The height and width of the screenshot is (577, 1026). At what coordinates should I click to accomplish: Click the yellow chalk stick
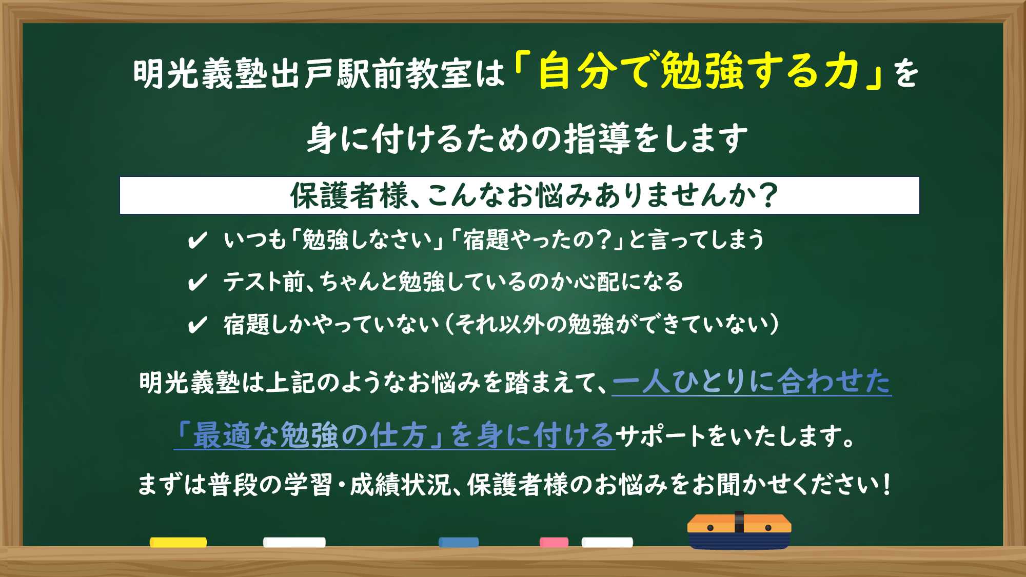(178, 542)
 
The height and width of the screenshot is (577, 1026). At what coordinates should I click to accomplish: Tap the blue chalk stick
(459, 542)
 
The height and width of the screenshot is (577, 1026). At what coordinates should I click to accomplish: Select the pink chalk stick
(554, 542)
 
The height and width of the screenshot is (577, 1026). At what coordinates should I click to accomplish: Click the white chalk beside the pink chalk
(607, 542)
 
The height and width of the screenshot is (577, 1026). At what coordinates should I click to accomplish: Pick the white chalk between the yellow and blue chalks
(294, 542)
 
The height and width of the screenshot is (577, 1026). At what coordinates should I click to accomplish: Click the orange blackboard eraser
(739, 531)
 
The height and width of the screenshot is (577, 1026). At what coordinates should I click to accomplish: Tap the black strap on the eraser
(739, 522)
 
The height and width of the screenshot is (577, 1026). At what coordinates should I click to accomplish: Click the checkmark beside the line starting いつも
(198, 240)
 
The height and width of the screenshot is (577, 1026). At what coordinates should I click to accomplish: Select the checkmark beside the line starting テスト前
(198, 282)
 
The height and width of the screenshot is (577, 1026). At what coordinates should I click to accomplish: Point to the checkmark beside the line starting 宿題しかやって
(198, 325)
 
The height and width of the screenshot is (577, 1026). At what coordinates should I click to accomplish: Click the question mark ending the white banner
(768, 195)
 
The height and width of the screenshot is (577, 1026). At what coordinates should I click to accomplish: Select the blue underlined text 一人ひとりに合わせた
(752, 382)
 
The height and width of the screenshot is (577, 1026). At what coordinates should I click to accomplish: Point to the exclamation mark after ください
(886, 484)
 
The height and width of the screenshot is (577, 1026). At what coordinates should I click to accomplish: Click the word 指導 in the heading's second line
(598, 138)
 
